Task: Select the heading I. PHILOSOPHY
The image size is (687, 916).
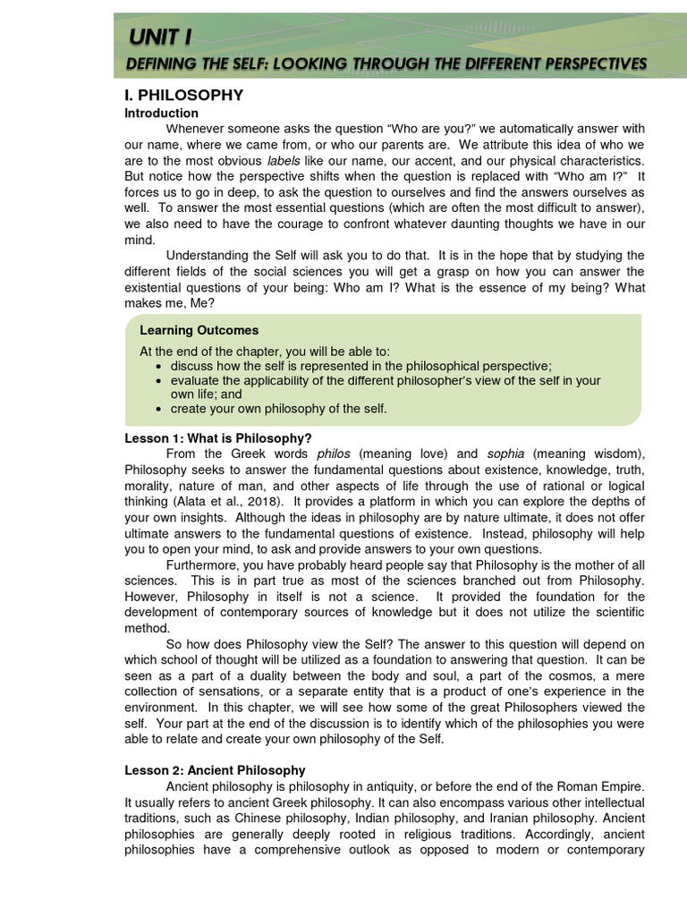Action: click(x=183, y=95)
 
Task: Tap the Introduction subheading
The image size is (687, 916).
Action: click(x=161, y=113)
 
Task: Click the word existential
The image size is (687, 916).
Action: click(x=155, y=289)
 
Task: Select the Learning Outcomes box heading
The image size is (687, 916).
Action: click(x=199, y=331)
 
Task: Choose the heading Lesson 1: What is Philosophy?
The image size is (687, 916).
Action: click(x=218, y=438)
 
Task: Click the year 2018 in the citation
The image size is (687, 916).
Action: click(x=262, y=502)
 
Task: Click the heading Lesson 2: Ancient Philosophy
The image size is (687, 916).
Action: click(x=215, y=770)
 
